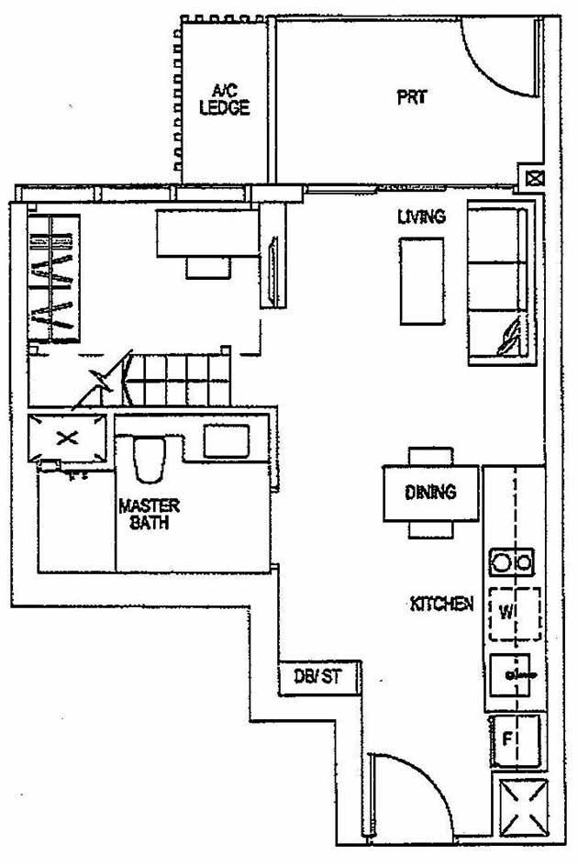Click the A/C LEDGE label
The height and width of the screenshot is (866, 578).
point(225,99)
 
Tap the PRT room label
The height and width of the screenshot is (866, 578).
point(412,97)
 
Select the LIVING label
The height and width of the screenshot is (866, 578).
point(421,217)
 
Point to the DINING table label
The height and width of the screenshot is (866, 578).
point(430,493)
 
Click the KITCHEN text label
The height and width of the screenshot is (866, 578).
point(441,604)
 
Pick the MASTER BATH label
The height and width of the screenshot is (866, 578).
point(149,515)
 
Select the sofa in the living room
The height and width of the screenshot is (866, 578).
point(498,285)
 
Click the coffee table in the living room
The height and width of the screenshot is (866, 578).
point(422,280)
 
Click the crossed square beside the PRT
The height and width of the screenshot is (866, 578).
point(533,180)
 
